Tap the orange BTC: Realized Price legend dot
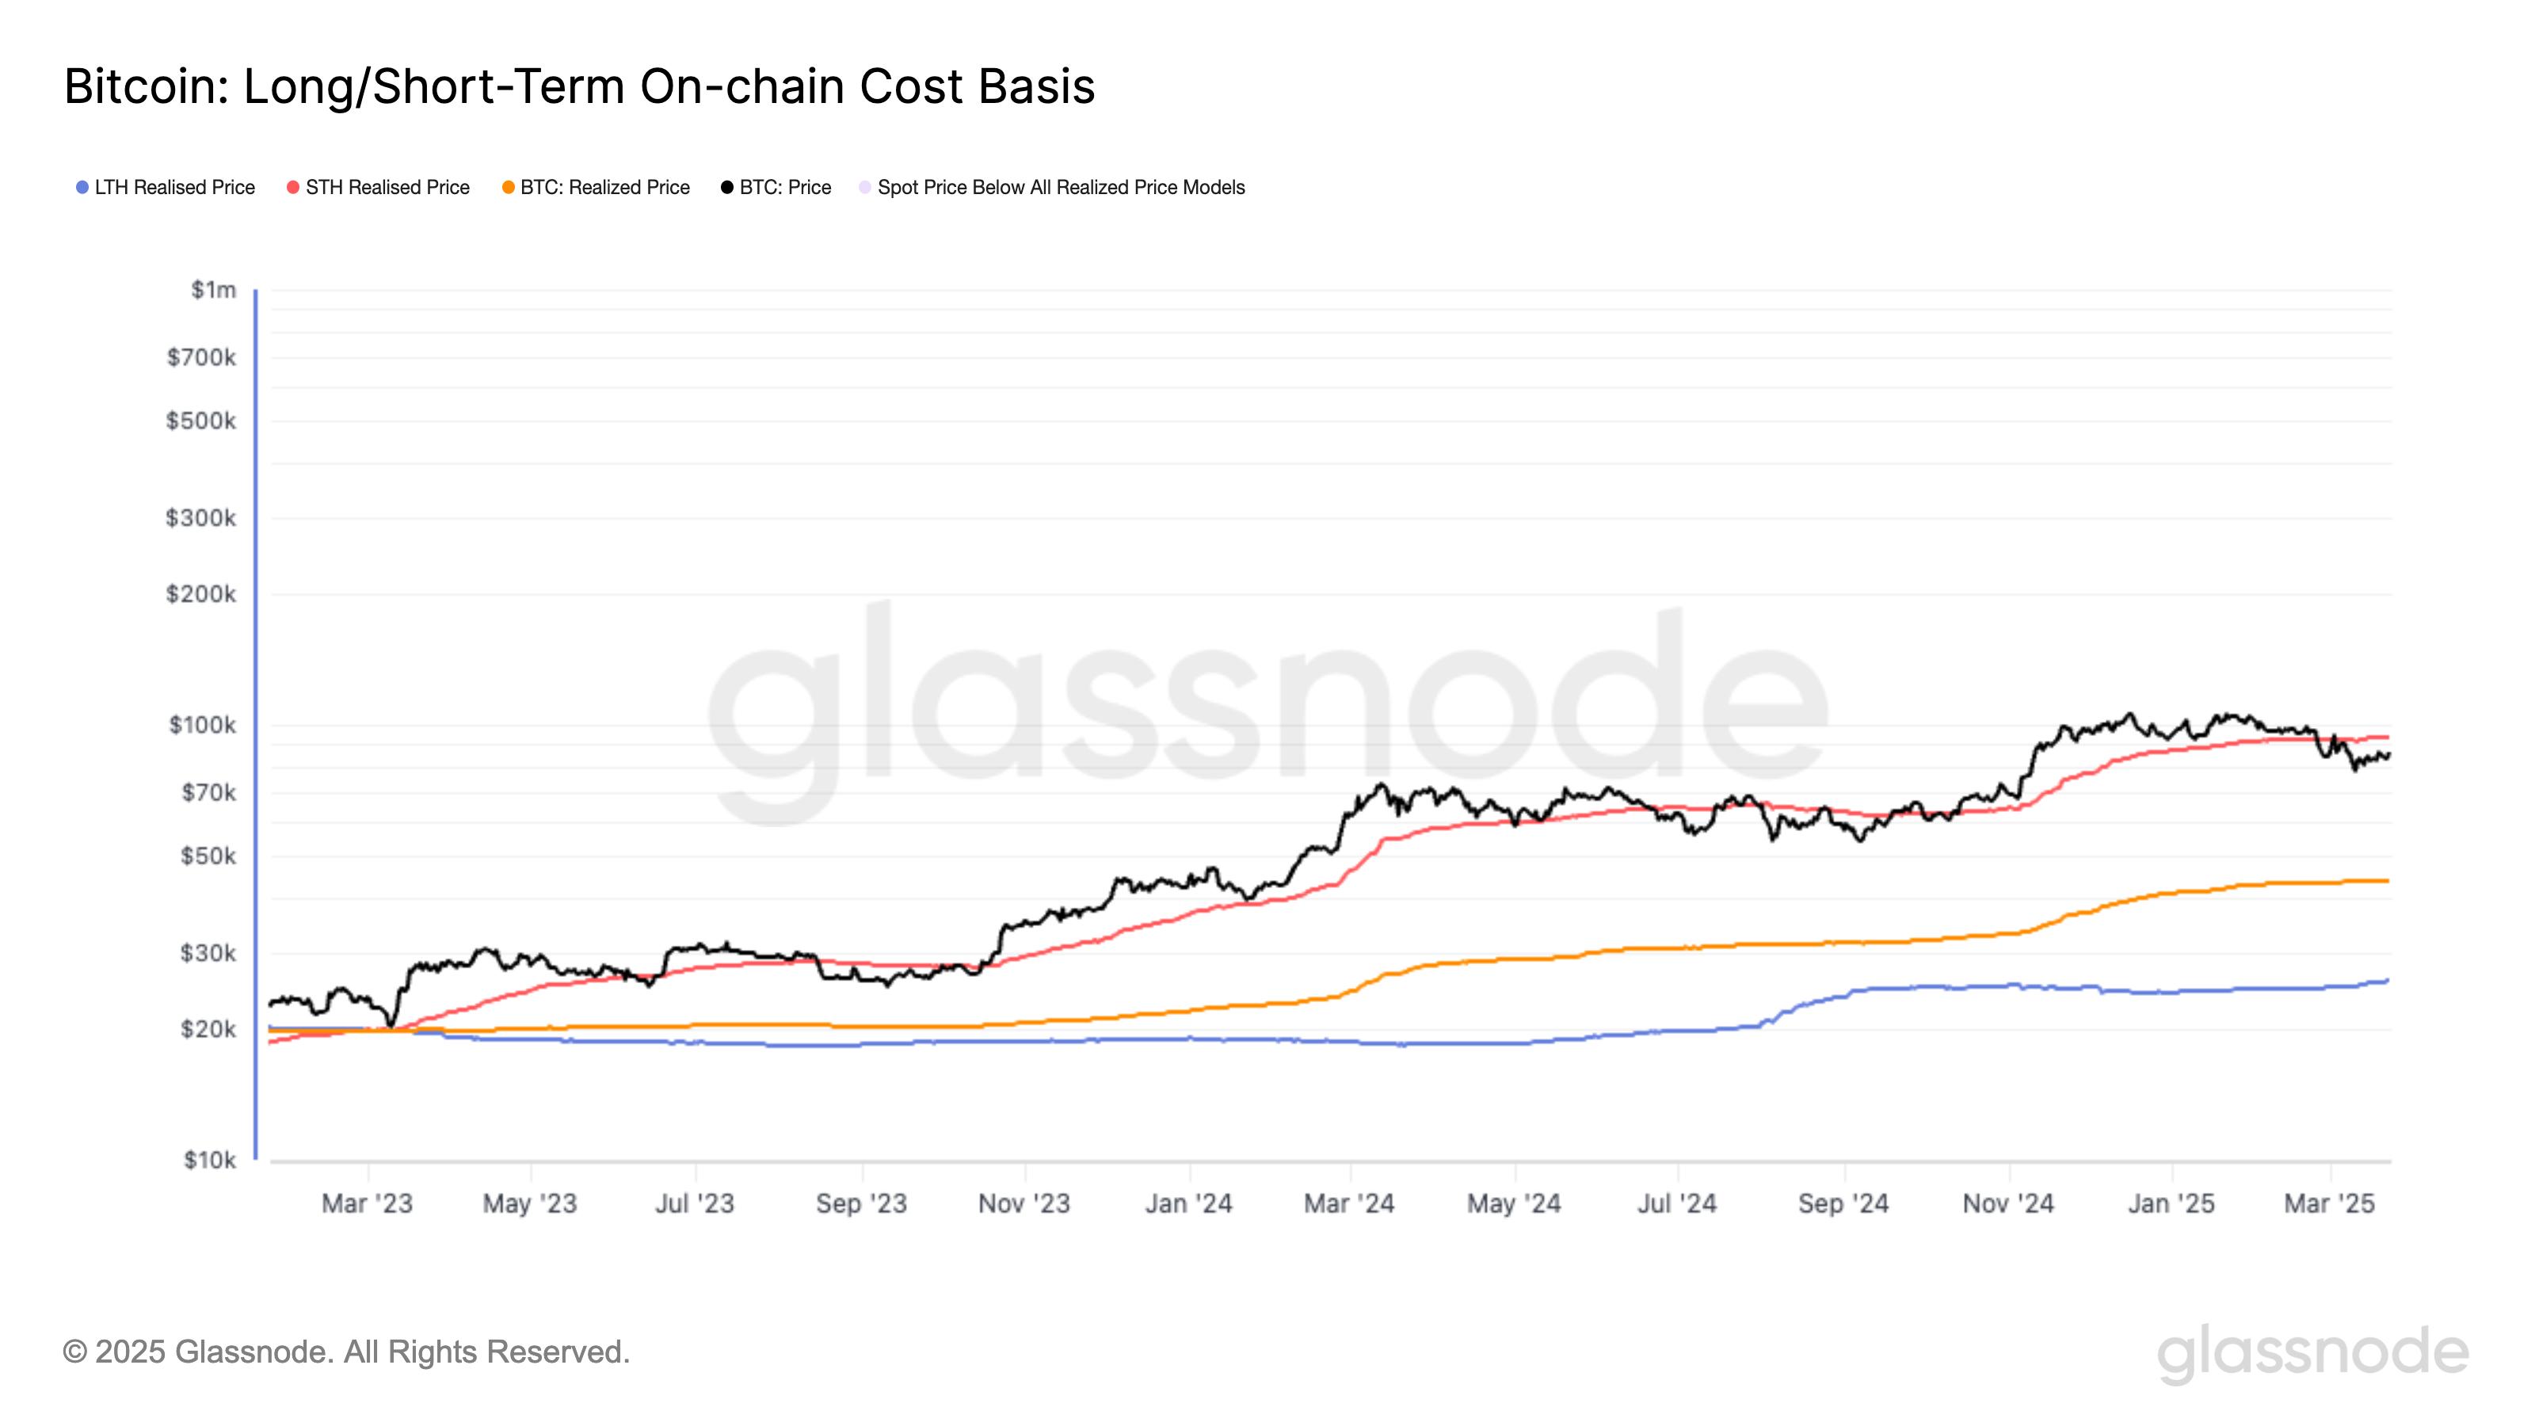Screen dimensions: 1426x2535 pos(509,187)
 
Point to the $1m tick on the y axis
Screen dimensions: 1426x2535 pos(214,289)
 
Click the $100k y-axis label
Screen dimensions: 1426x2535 pos(203,726)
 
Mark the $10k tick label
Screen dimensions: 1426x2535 pos(210,1161)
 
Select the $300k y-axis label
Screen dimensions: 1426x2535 pos(200,517)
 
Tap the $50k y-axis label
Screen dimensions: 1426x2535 pos(208,856)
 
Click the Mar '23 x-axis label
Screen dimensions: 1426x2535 pos(367,1203)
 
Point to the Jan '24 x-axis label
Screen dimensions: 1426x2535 pos(1189,1203)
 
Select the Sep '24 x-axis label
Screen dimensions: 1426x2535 pos(1843,1203)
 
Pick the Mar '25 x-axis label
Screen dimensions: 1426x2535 pos(2329,1203)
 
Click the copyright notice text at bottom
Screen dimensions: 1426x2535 pos(346,1352)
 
